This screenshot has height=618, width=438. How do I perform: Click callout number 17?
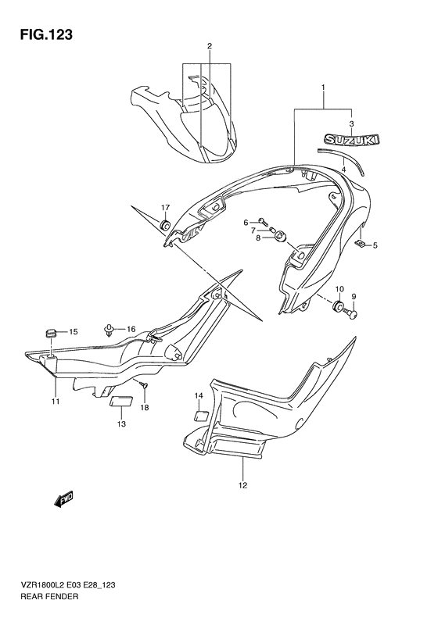click(166, 207)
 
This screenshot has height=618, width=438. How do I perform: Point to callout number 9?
click(353, 297)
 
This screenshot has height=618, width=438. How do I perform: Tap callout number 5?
click(374, 245)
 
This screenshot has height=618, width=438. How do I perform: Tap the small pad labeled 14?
click(199, 416)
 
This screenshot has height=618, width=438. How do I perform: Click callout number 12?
click(242, 485)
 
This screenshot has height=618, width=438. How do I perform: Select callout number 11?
click(56, 402)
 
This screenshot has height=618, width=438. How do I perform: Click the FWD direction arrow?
click(63, 498)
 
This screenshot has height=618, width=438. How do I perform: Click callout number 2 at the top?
click(209, 46)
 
